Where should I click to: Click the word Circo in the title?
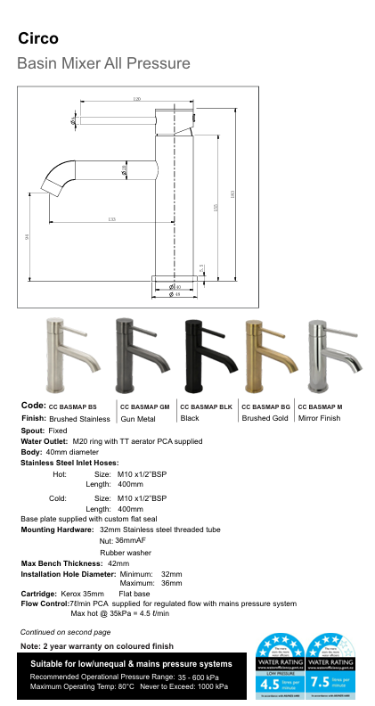[x=38, y=38]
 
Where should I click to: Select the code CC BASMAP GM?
[x=145, y=406]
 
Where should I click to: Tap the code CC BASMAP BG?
[x=266, y=406]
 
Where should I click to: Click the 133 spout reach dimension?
[x=111, y=218]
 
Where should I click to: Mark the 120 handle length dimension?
[x=136, y=98]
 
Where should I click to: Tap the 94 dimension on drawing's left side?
[x=28, y=235]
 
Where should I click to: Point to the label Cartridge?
[x=38, y=593]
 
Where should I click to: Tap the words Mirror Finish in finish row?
[x=320, y=418]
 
